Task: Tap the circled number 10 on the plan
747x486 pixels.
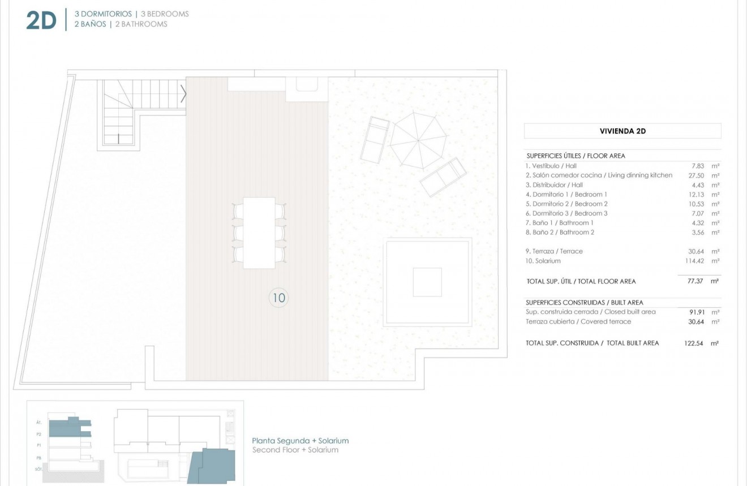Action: coord(278,297)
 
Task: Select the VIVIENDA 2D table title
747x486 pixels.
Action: coord(622,131)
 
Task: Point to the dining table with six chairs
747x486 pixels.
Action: coord(259,233)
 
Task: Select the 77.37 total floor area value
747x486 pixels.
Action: coord(695,281)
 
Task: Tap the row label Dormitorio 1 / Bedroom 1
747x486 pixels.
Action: coord(566,194)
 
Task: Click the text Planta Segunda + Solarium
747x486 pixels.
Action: coord(300,441)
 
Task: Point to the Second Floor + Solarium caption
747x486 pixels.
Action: coord(295,450)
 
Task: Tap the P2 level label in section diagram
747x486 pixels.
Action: coord(39,434)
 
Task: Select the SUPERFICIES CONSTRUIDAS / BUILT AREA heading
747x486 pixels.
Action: coord(584,303)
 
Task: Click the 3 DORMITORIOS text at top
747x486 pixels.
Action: coord(103,14)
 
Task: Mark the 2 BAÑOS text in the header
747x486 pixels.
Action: coord(90,24)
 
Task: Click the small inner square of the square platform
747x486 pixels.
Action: coord(427,282)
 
